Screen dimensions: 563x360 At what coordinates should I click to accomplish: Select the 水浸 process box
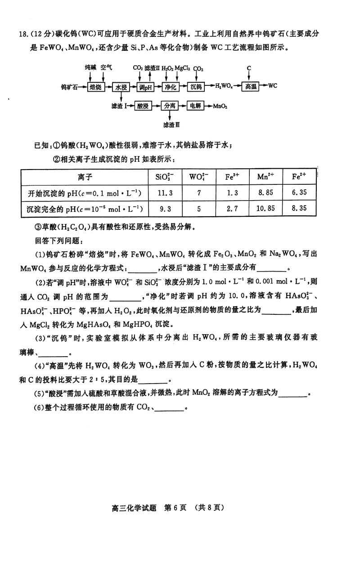pos(120,86)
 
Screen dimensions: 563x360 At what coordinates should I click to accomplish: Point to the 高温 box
pos(251,86)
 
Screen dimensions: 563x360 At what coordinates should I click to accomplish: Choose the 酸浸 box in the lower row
pos(143,106)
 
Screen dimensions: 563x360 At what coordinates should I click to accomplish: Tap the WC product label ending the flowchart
pos(273,86)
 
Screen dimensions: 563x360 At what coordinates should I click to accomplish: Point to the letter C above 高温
pos(248,68)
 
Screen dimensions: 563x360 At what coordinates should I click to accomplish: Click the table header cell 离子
pos(85,177)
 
